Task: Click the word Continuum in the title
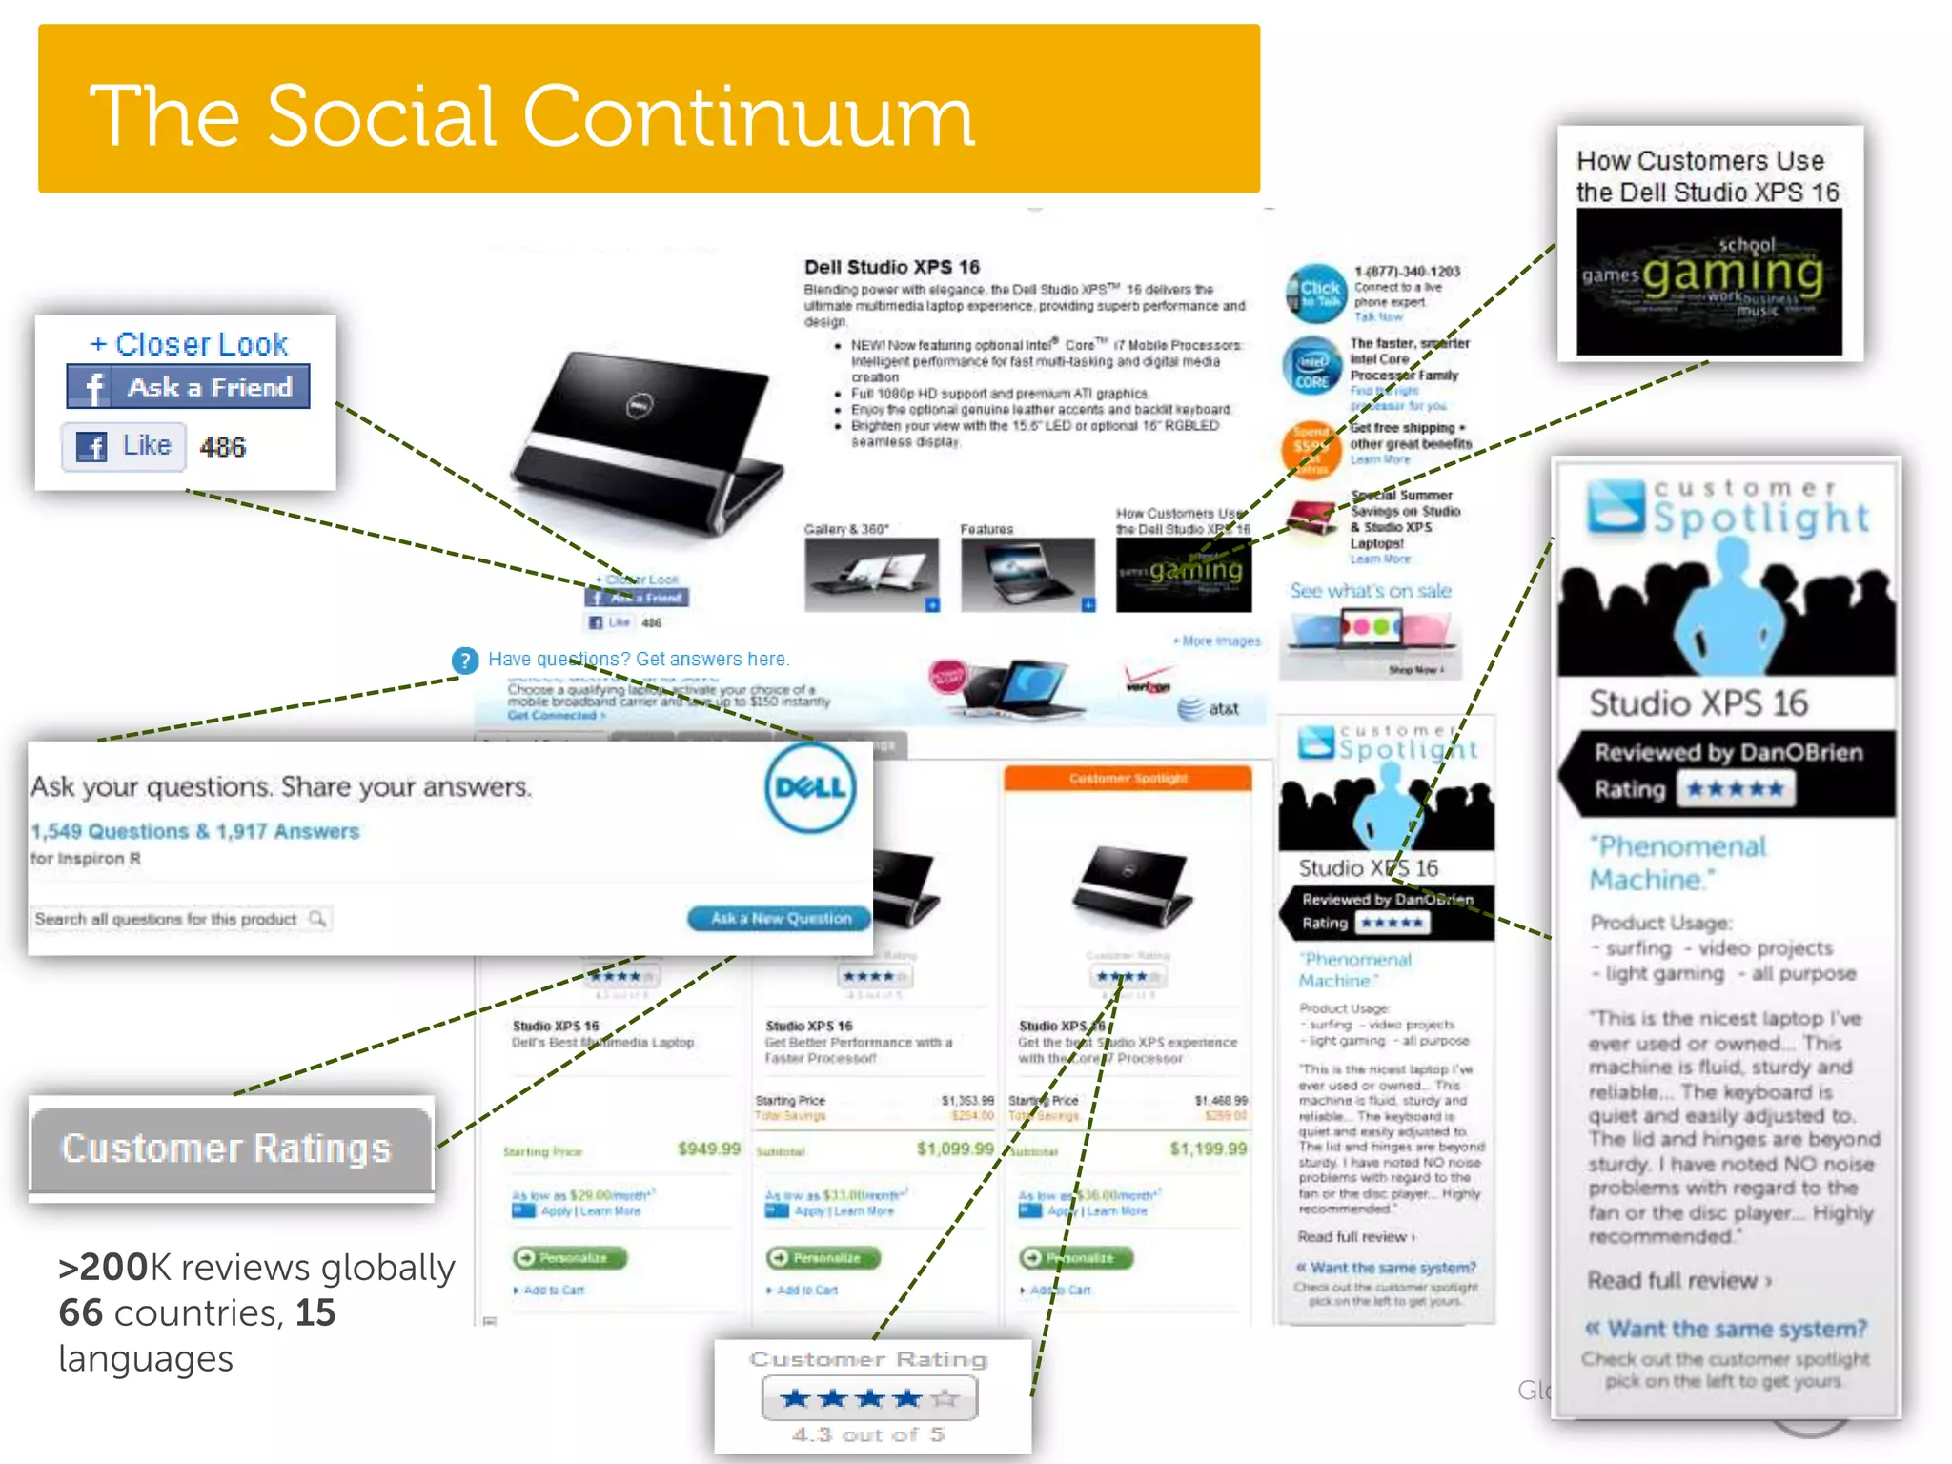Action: (748, 116)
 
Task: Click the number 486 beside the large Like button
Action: (222, 447)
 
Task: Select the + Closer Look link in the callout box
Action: (189, 344)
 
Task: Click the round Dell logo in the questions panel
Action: (809, 788)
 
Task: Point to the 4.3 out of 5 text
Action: (868, 1434)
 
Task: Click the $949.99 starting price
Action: (708, 1149)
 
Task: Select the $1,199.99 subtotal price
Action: (1208, 1149)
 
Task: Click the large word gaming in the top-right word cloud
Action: (1732, 275)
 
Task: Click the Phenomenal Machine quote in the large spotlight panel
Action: (1677, 863)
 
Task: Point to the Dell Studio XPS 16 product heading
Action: (891, 267)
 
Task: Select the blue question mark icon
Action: (464, 661)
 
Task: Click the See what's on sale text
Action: (1370, 591)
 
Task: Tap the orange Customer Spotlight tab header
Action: (1128, 779)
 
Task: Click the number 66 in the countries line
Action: (80, 1312)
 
